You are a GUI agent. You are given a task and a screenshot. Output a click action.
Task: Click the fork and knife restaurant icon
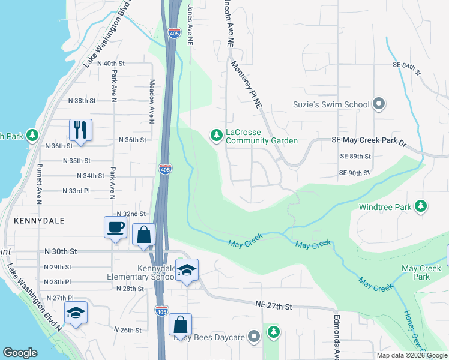80,129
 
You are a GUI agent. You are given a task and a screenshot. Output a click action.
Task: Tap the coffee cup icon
116,227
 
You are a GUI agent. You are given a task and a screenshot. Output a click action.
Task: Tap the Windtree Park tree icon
421,206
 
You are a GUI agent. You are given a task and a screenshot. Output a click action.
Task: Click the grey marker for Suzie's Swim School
379,104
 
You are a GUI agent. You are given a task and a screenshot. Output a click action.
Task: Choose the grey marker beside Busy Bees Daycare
255,337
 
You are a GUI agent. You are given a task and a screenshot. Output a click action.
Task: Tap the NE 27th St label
273,307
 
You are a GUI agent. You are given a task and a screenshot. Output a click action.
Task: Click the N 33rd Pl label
76,190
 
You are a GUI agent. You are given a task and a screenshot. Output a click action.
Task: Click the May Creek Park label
417,272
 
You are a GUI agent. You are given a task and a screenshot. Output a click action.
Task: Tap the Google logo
20,353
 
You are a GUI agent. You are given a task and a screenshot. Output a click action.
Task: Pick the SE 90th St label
354,173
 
